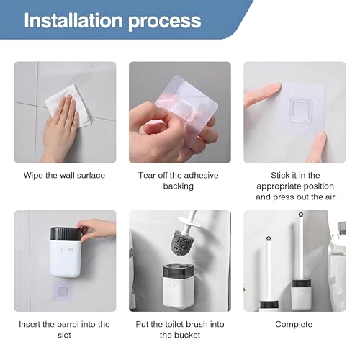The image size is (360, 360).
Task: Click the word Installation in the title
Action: pyautogui.click(x=73, y=20)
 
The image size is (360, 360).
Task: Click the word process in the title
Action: pyautogui.click(x=165, y=22)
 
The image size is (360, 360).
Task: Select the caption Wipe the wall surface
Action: pyautogui.click(x=64, y=175)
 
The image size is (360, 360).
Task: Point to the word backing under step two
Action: pyautogui.click(x=179, y=186)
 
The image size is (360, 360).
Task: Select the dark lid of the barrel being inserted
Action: pyautogui.click(x=66, y=233)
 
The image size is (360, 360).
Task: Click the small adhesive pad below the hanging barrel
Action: pyautogui.click(x=63, y=291)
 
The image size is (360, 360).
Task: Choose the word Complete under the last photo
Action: pyautogui.click(x=294, y=325)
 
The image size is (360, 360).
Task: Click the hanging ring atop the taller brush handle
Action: pyautogui.click(x=301, y=215)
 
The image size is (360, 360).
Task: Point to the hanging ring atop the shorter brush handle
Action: pyautogui.click(x=269, y=238)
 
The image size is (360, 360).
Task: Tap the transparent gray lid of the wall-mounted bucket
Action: pyautogui.click(x=178, y=271)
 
